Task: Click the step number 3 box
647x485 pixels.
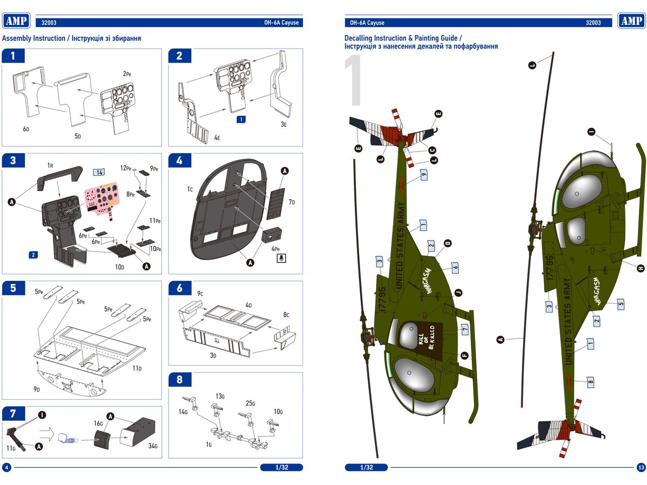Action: click(x=13, y=160)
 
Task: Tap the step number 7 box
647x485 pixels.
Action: click(x=13, y=413)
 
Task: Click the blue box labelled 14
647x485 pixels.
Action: click(x=99, y=172)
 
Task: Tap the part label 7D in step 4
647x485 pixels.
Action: click(x=292, y=202)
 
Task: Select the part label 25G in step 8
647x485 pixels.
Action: click(x=251, y=403)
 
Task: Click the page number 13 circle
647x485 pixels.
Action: click(x=641, y=467)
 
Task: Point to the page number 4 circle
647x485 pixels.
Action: click(x=6, y=467)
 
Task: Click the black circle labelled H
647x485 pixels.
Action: click(x=641, y=268)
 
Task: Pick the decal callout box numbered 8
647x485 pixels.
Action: click(x=590, y=382)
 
